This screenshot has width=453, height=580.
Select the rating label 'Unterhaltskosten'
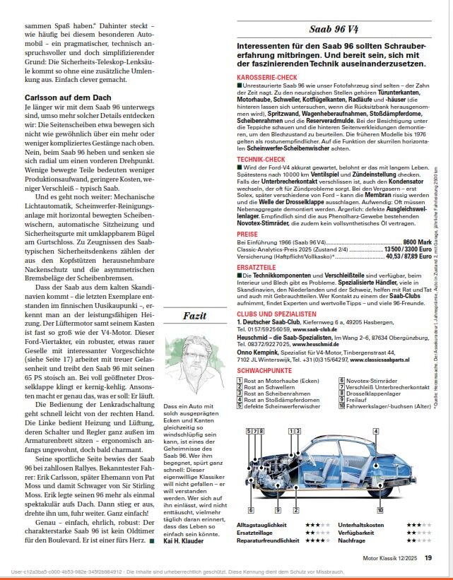click(x=363, y=526)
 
